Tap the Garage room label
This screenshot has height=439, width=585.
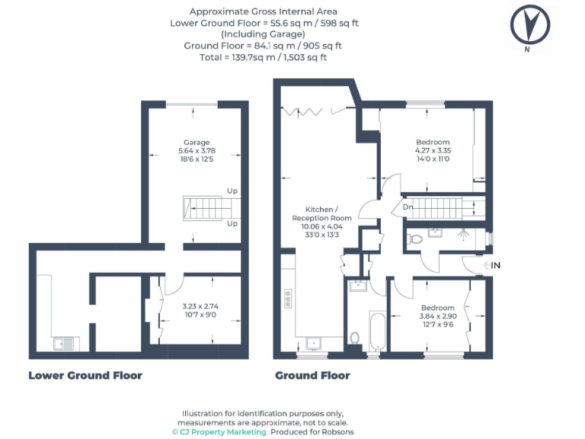tap(197, 142)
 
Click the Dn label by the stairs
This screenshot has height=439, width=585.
tap(408, 207)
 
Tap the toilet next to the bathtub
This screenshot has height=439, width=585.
tap(354, 337)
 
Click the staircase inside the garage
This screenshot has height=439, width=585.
tap(207, 207)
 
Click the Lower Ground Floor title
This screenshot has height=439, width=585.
tap(85, 375)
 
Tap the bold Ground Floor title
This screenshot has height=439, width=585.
tap(312, 375)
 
